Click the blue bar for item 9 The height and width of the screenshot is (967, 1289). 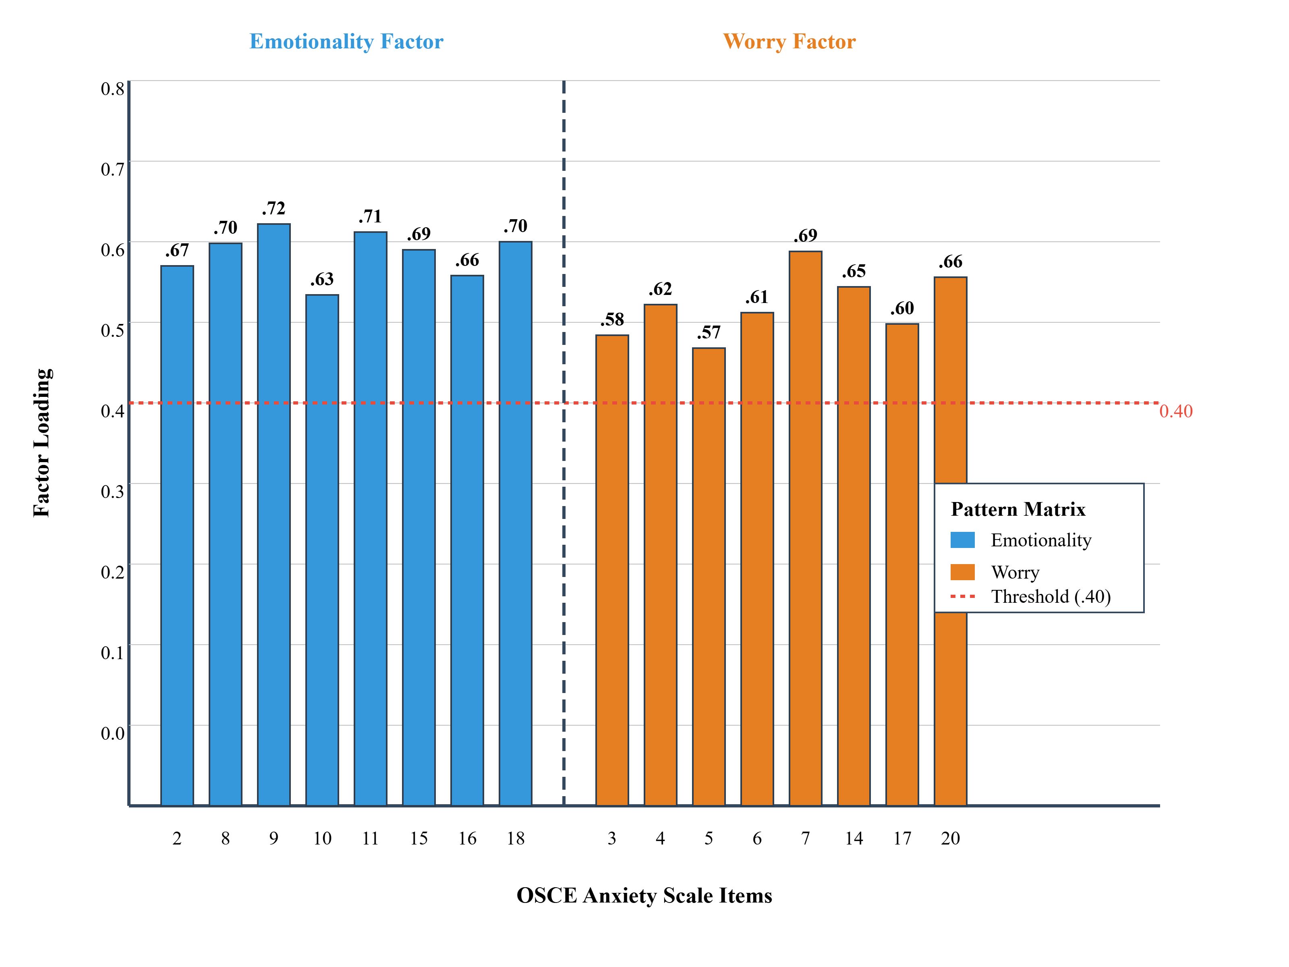click(274, 513)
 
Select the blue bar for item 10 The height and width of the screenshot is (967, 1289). click(322, 548)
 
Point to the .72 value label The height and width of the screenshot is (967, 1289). click(274, 208)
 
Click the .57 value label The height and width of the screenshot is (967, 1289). click(709, 332)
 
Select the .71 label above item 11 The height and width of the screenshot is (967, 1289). click(371, 216)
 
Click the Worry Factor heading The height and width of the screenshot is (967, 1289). click(789, 42)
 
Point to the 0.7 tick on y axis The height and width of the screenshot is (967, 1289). click(112, 169)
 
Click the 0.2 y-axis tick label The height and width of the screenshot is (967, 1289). click(112, 572)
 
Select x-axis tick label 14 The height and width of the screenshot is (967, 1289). click(854, 838)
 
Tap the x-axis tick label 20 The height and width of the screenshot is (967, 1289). click(950, 838)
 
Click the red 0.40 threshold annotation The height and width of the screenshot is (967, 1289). click(1175, 411)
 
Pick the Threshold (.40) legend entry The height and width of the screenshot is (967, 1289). click(1051, 596)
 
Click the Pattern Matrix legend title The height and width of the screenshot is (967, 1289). click(1018, 509)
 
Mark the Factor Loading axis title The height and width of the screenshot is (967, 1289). click(42, 443)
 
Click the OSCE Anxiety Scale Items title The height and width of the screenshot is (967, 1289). click(644, 895)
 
